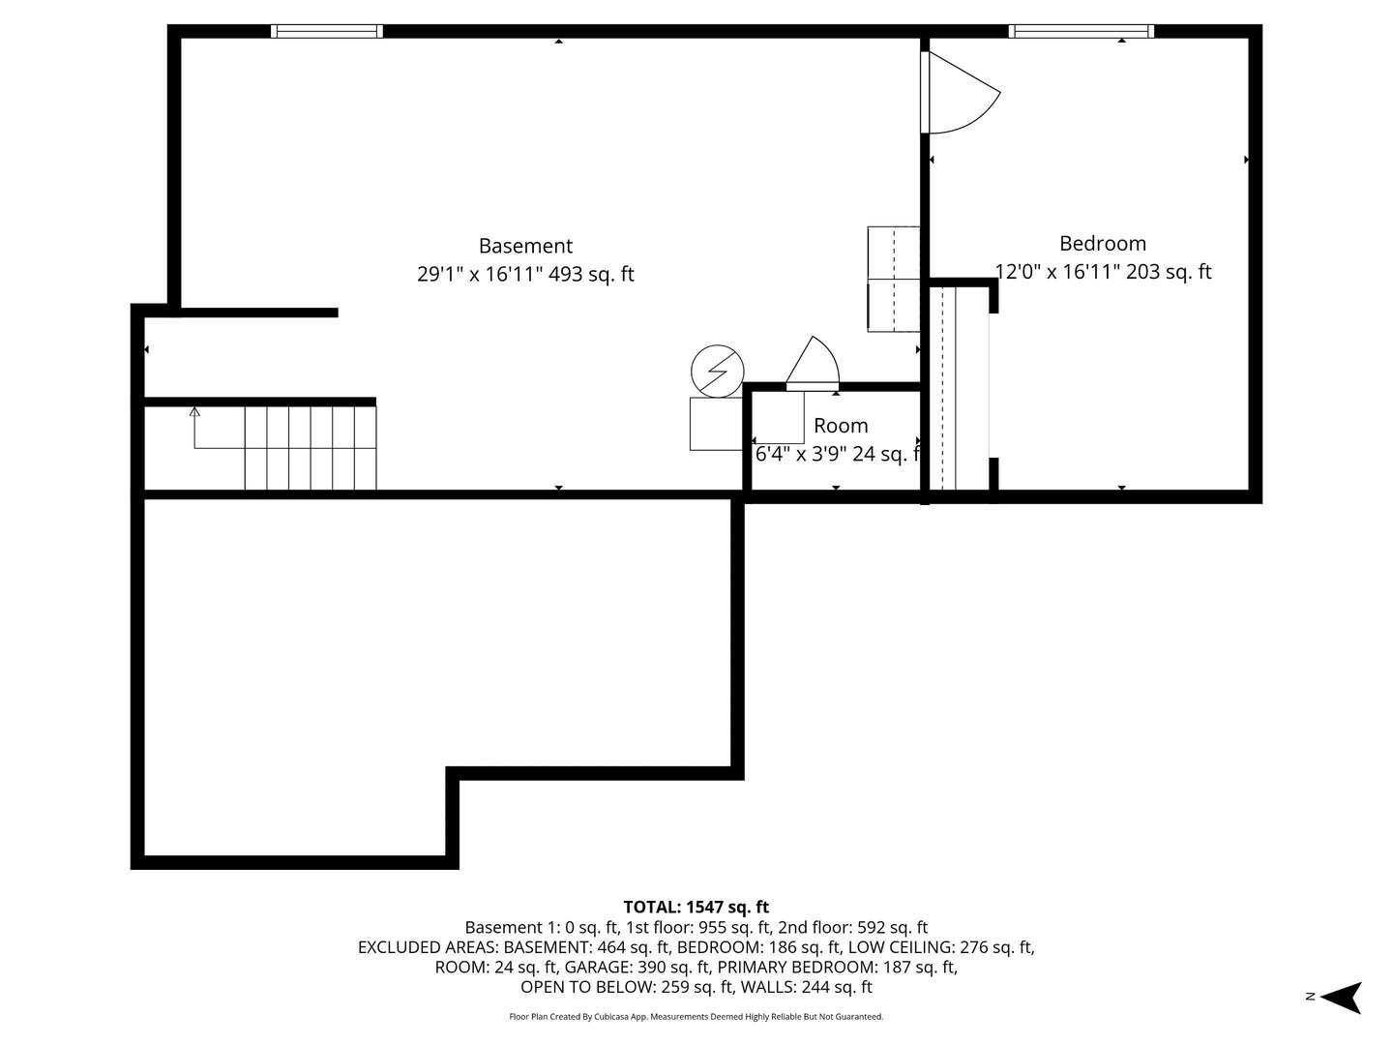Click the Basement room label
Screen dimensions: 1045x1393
[525, 246]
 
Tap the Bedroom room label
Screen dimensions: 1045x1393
[1102, 244]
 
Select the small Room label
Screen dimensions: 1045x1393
[840, 426]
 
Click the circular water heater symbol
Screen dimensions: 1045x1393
[718, 371]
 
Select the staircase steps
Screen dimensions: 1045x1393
[310, 448]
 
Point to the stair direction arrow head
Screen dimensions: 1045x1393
[194, 411]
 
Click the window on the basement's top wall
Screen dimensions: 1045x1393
[326, 31]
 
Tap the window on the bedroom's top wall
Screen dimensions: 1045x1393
[1081, 31]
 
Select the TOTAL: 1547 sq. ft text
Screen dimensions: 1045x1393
[696, 907]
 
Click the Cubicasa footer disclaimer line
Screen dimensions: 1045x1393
[696, 1017]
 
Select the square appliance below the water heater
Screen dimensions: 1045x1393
[715, 424]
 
